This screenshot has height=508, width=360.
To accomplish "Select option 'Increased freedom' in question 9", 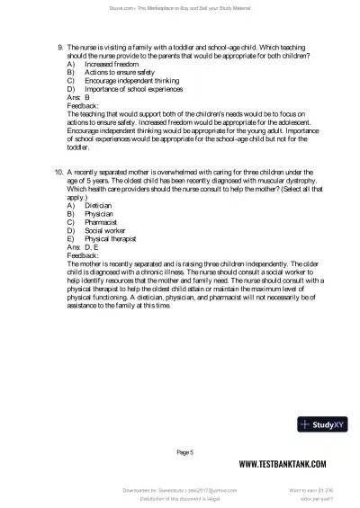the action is click(x=112, y=65).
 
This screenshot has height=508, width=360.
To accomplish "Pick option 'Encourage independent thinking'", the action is click(x=130, y=81).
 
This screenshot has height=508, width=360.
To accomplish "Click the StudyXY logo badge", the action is click(x=321, y=424).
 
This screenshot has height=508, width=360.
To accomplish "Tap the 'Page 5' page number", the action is click(x=185, y=451).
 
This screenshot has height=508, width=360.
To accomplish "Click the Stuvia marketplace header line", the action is click(x=180, y=7).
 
